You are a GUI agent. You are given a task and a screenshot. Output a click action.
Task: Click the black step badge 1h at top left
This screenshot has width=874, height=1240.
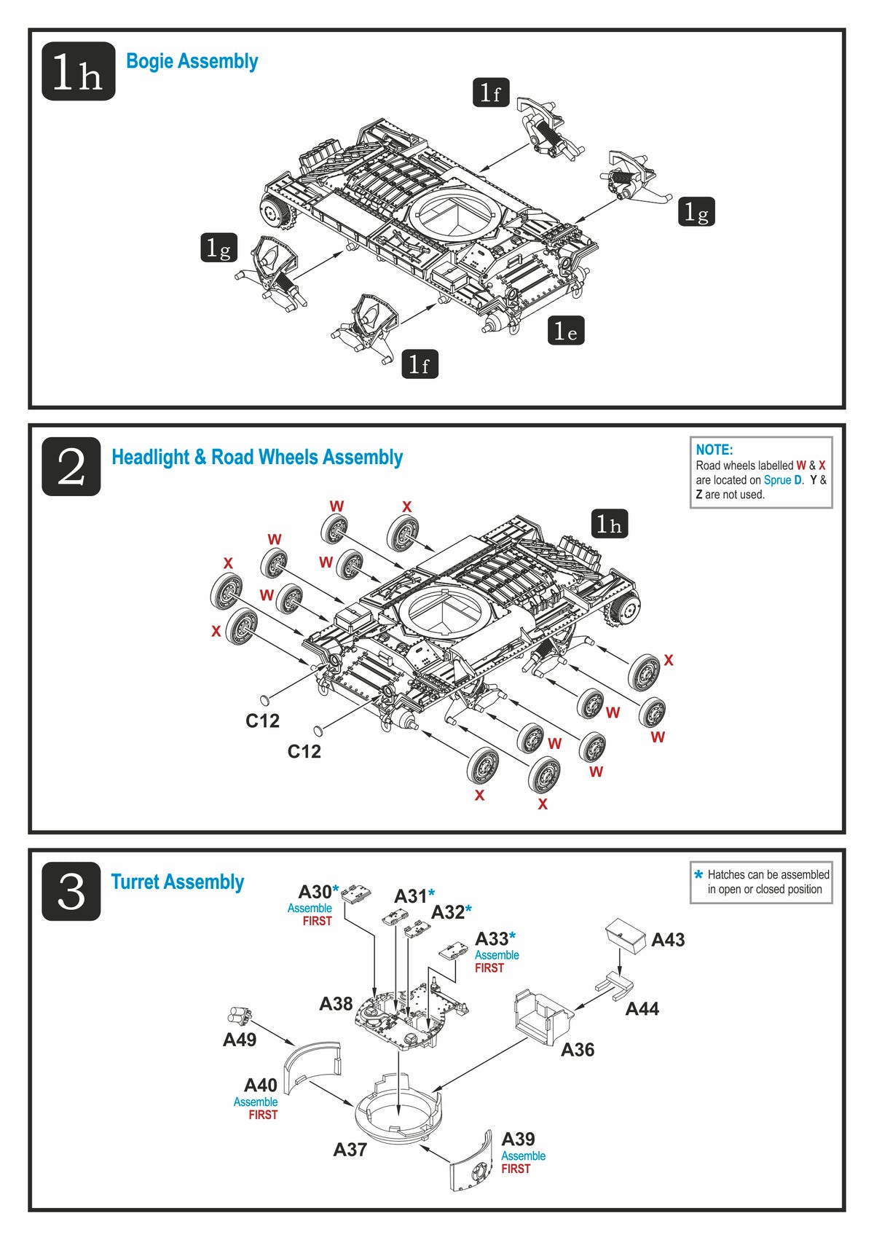78,71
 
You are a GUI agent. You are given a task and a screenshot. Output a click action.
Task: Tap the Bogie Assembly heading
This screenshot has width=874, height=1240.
192,61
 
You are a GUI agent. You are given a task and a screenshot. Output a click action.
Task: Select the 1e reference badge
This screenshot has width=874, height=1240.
566,331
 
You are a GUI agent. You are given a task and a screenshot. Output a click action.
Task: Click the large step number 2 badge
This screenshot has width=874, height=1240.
71,467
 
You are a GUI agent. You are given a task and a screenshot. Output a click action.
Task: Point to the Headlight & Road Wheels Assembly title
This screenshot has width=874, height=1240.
256,458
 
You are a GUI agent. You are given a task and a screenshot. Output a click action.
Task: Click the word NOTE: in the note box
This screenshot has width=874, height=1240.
714,450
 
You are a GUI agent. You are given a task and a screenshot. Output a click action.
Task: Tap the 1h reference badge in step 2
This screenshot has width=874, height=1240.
609,524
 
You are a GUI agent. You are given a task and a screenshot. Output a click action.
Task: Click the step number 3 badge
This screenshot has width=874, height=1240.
71,891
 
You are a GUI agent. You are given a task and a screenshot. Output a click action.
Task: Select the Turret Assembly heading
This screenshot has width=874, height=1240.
177,882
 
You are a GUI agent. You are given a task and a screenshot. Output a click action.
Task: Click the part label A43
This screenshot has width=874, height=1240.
668,940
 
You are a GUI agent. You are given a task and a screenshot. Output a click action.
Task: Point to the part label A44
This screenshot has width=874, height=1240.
642,1008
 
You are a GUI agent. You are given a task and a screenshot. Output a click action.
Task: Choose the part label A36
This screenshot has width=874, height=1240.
577,1049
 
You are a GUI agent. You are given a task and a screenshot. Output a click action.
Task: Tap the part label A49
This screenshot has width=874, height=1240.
239,1040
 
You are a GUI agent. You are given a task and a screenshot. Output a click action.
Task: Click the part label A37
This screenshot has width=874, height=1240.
350,1149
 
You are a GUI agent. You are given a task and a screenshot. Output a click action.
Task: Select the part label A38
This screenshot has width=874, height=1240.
336,1003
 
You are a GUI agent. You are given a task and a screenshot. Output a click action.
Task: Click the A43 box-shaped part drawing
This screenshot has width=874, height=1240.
626,934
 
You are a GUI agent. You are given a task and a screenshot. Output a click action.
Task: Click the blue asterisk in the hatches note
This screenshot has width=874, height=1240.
698,875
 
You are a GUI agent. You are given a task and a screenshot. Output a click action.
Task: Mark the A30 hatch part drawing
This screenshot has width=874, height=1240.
356,894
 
